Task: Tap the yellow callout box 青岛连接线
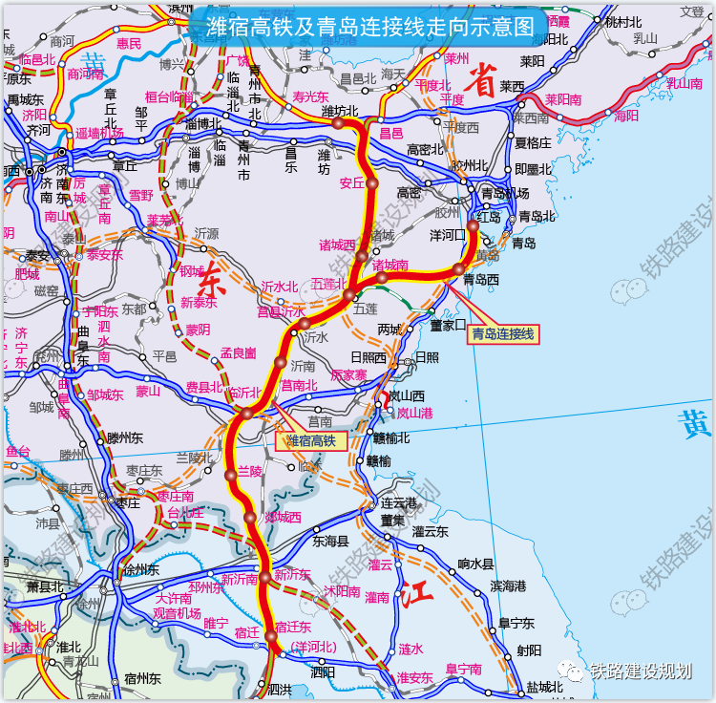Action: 503,334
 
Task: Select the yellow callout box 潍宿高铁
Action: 311,440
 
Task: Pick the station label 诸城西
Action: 337,245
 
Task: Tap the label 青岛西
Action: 481,280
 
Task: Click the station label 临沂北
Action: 244,393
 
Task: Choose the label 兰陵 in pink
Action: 249,472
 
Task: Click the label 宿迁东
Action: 294,627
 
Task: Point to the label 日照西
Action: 366,358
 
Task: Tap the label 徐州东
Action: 140,569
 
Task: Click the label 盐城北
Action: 544,687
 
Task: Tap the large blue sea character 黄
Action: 693,422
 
